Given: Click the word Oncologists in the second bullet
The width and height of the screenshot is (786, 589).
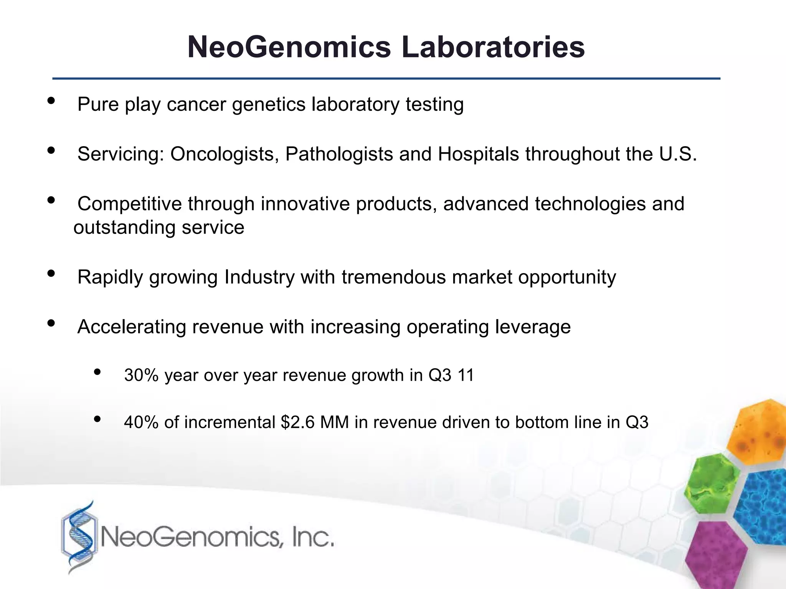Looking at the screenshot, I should point(225,154).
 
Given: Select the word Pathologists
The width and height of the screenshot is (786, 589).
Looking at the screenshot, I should point(339,154).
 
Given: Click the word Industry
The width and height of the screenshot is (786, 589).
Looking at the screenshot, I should point(259,277).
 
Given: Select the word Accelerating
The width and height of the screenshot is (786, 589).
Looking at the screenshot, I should point(132,327).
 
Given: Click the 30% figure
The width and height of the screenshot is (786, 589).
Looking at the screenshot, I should point(141,375).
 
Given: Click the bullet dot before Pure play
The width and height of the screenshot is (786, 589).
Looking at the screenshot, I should point(51,101).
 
